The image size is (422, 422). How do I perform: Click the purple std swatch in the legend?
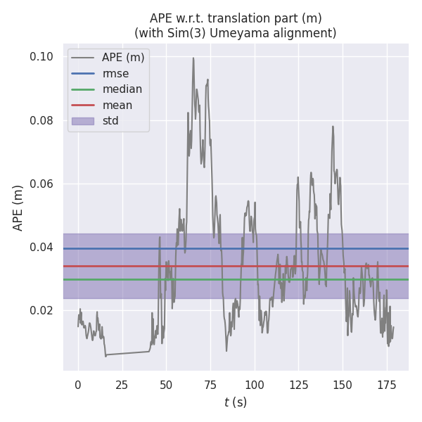coord(82,121)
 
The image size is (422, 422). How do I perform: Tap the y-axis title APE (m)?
coord(18,207)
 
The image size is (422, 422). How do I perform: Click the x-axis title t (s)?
coord(236,402)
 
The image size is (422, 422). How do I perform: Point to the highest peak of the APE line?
coord(193,58)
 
